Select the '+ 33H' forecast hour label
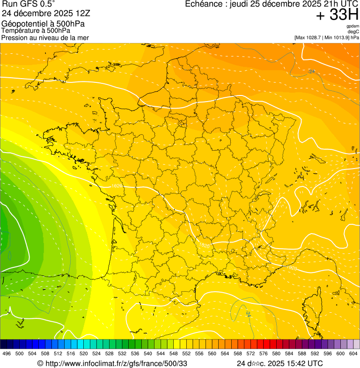click(x=337, y=15)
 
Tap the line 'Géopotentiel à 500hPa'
click(x=43, y=24)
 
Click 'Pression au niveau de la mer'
click(x=45, y=37)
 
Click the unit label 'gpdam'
click(x=353, y=26)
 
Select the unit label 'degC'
click(x=353, y=31)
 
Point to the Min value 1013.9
click(x=339, y=37)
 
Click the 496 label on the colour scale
click(x=7, y=353)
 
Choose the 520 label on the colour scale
click(x=84, y=353)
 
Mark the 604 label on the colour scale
click(x=353, y=353)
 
